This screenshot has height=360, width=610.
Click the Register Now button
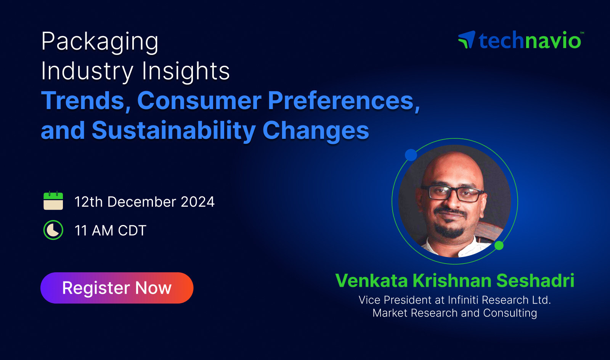pos(117,288)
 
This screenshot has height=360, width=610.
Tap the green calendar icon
pos(53,201)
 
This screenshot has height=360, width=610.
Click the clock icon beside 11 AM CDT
pos(53,230)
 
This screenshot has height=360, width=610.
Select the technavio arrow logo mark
pos(467,40)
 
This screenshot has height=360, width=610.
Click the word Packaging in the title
pos(100,42)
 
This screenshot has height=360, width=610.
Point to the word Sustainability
pos(174,131)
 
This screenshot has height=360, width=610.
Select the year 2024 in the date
pos(198,202)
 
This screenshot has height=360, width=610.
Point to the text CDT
pos(132,230)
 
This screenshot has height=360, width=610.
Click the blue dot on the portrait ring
pos(411,155)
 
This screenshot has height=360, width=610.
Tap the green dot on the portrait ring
pos(499,245)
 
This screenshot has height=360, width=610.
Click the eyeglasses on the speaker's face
pos(453,193)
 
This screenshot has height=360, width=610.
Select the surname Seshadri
pos(535,280)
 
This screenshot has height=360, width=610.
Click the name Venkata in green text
pos(371,280)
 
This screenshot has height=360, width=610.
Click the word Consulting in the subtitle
pos(510,313)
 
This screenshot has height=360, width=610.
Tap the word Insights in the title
pos(186,71)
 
